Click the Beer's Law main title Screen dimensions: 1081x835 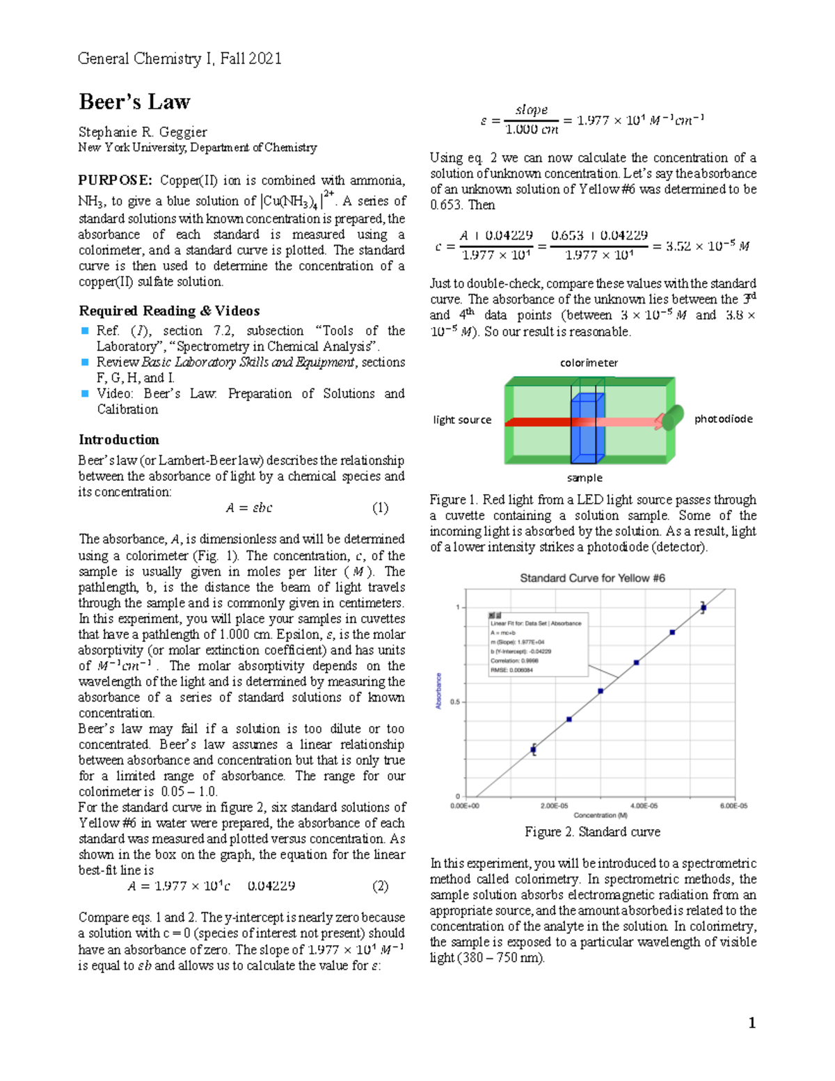click(134, 102)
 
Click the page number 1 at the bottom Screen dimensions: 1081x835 click(751, 1023)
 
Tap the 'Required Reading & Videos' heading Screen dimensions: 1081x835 click(169, 311)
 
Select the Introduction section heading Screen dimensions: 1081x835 click(119, 440)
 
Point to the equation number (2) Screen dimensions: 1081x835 click(380, 886)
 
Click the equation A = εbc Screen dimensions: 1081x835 click(248, 508)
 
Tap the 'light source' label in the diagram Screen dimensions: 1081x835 click(462, 420)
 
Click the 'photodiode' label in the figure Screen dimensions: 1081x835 click(723, 419)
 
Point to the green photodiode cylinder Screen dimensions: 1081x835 click(672, 418)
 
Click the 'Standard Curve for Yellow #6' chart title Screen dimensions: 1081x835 click(592, 578)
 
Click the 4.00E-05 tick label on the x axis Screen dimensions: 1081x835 click(644, 805)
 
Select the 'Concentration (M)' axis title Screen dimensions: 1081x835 click(600, 815)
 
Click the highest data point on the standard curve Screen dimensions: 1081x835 click(703, 608)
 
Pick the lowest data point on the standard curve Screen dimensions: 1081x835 click(534, 750)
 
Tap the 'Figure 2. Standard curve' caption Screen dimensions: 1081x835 click(592, 832)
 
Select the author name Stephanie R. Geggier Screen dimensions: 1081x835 click(143, 132)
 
